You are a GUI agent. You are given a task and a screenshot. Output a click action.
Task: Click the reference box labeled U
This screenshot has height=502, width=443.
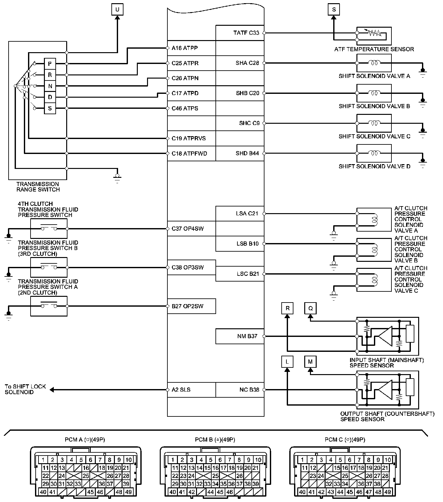(x=117, y=10)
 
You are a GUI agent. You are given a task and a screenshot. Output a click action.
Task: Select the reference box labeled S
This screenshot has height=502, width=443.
(x=334, y=10)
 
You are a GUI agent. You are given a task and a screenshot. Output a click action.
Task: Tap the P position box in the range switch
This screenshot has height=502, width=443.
(x=50, y=64)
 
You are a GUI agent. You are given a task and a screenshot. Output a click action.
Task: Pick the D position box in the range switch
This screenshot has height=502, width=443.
(x=50, y=97)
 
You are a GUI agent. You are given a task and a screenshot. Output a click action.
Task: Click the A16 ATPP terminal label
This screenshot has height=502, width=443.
(x=185, y=48)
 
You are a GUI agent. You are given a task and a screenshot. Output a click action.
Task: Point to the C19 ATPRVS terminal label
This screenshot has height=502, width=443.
(x=188, y=138)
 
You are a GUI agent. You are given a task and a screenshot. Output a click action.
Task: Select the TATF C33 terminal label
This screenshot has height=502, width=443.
(x=246, y=33)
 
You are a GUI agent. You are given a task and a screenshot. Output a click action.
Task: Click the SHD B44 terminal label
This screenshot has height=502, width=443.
(x=247, y=153)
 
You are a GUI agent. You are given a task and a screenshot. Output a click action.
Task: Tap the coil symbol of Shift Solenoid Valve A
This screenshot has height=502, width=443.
(x=374, y=63)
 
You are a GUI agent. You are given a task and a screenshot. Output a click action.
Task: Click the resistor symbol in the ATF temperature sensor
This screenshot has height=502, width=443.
(x=374, y=33)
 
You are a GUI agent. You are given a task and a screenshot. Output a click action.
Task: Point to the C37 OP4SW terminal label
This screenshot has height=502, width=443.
(x=187, y=228)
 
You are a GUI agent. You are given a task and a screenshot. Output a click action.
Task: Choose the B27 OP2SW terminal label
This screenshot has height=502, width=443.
(x=187, y=306)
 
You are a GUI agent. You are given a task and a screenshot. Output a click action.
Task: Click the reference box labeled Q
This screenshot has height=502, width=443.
(x=311, y=308)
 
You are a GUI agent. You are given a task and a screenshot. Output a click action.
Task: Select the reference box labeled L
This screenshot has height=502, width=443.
(x=287, y=362)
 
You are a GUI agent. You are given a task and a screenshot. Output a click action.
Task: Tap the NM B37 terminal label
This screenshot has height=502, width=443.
(x=247, y=336)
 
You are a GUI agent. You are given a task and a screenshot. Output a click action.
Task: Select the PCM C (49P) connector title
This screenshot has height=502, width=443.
(x=345, y=440)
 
